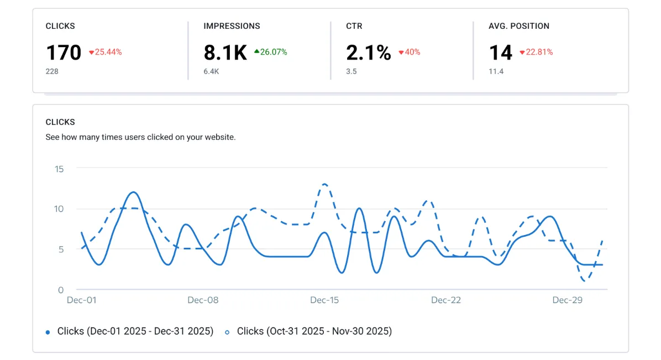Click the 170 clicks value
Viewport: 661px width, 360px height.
click(64, 53)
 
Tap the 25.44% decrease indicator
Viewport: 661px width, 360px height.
click(105, 52)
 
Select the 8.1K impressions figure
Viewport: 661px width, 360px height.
click(225, 53)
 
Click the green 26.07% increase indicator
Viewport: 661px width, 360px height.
click(271, 52)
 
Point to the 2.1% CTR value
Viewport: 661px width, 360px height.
click(368, 53)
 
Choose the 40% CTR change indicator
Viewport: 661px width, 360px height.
click(409, 52)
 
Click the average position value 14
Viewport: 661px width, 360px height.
click(501, 53)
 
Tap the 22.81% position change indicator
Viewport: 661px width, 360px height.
click(536, 52)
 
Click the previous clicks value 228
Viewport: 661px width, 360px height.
click(52, 71)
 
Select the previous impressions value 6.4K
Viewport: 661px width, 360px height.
click(211, 71)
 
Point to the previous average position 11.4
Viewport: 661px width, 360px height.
click(496, 71)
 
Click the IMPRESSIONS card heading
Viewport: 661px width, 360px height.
click(232, 26)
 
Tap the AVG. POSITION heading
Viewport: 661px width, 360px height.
click(518, 26)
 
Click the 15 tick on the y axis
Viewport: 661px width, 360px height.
click(59, 169)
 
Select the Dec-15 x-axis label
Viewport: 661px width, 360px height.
click(324, 300)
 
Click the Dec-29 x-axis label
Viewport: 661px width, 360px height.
click(568, 300)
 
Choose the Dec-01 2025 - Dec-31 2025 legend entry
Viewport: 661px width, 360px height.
click(135, 331)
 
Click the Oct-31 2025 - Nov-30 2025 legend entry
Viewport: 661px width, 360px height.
click(314, 331)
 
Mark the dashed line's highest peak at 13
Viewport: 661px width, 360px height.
click(324, 184)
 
